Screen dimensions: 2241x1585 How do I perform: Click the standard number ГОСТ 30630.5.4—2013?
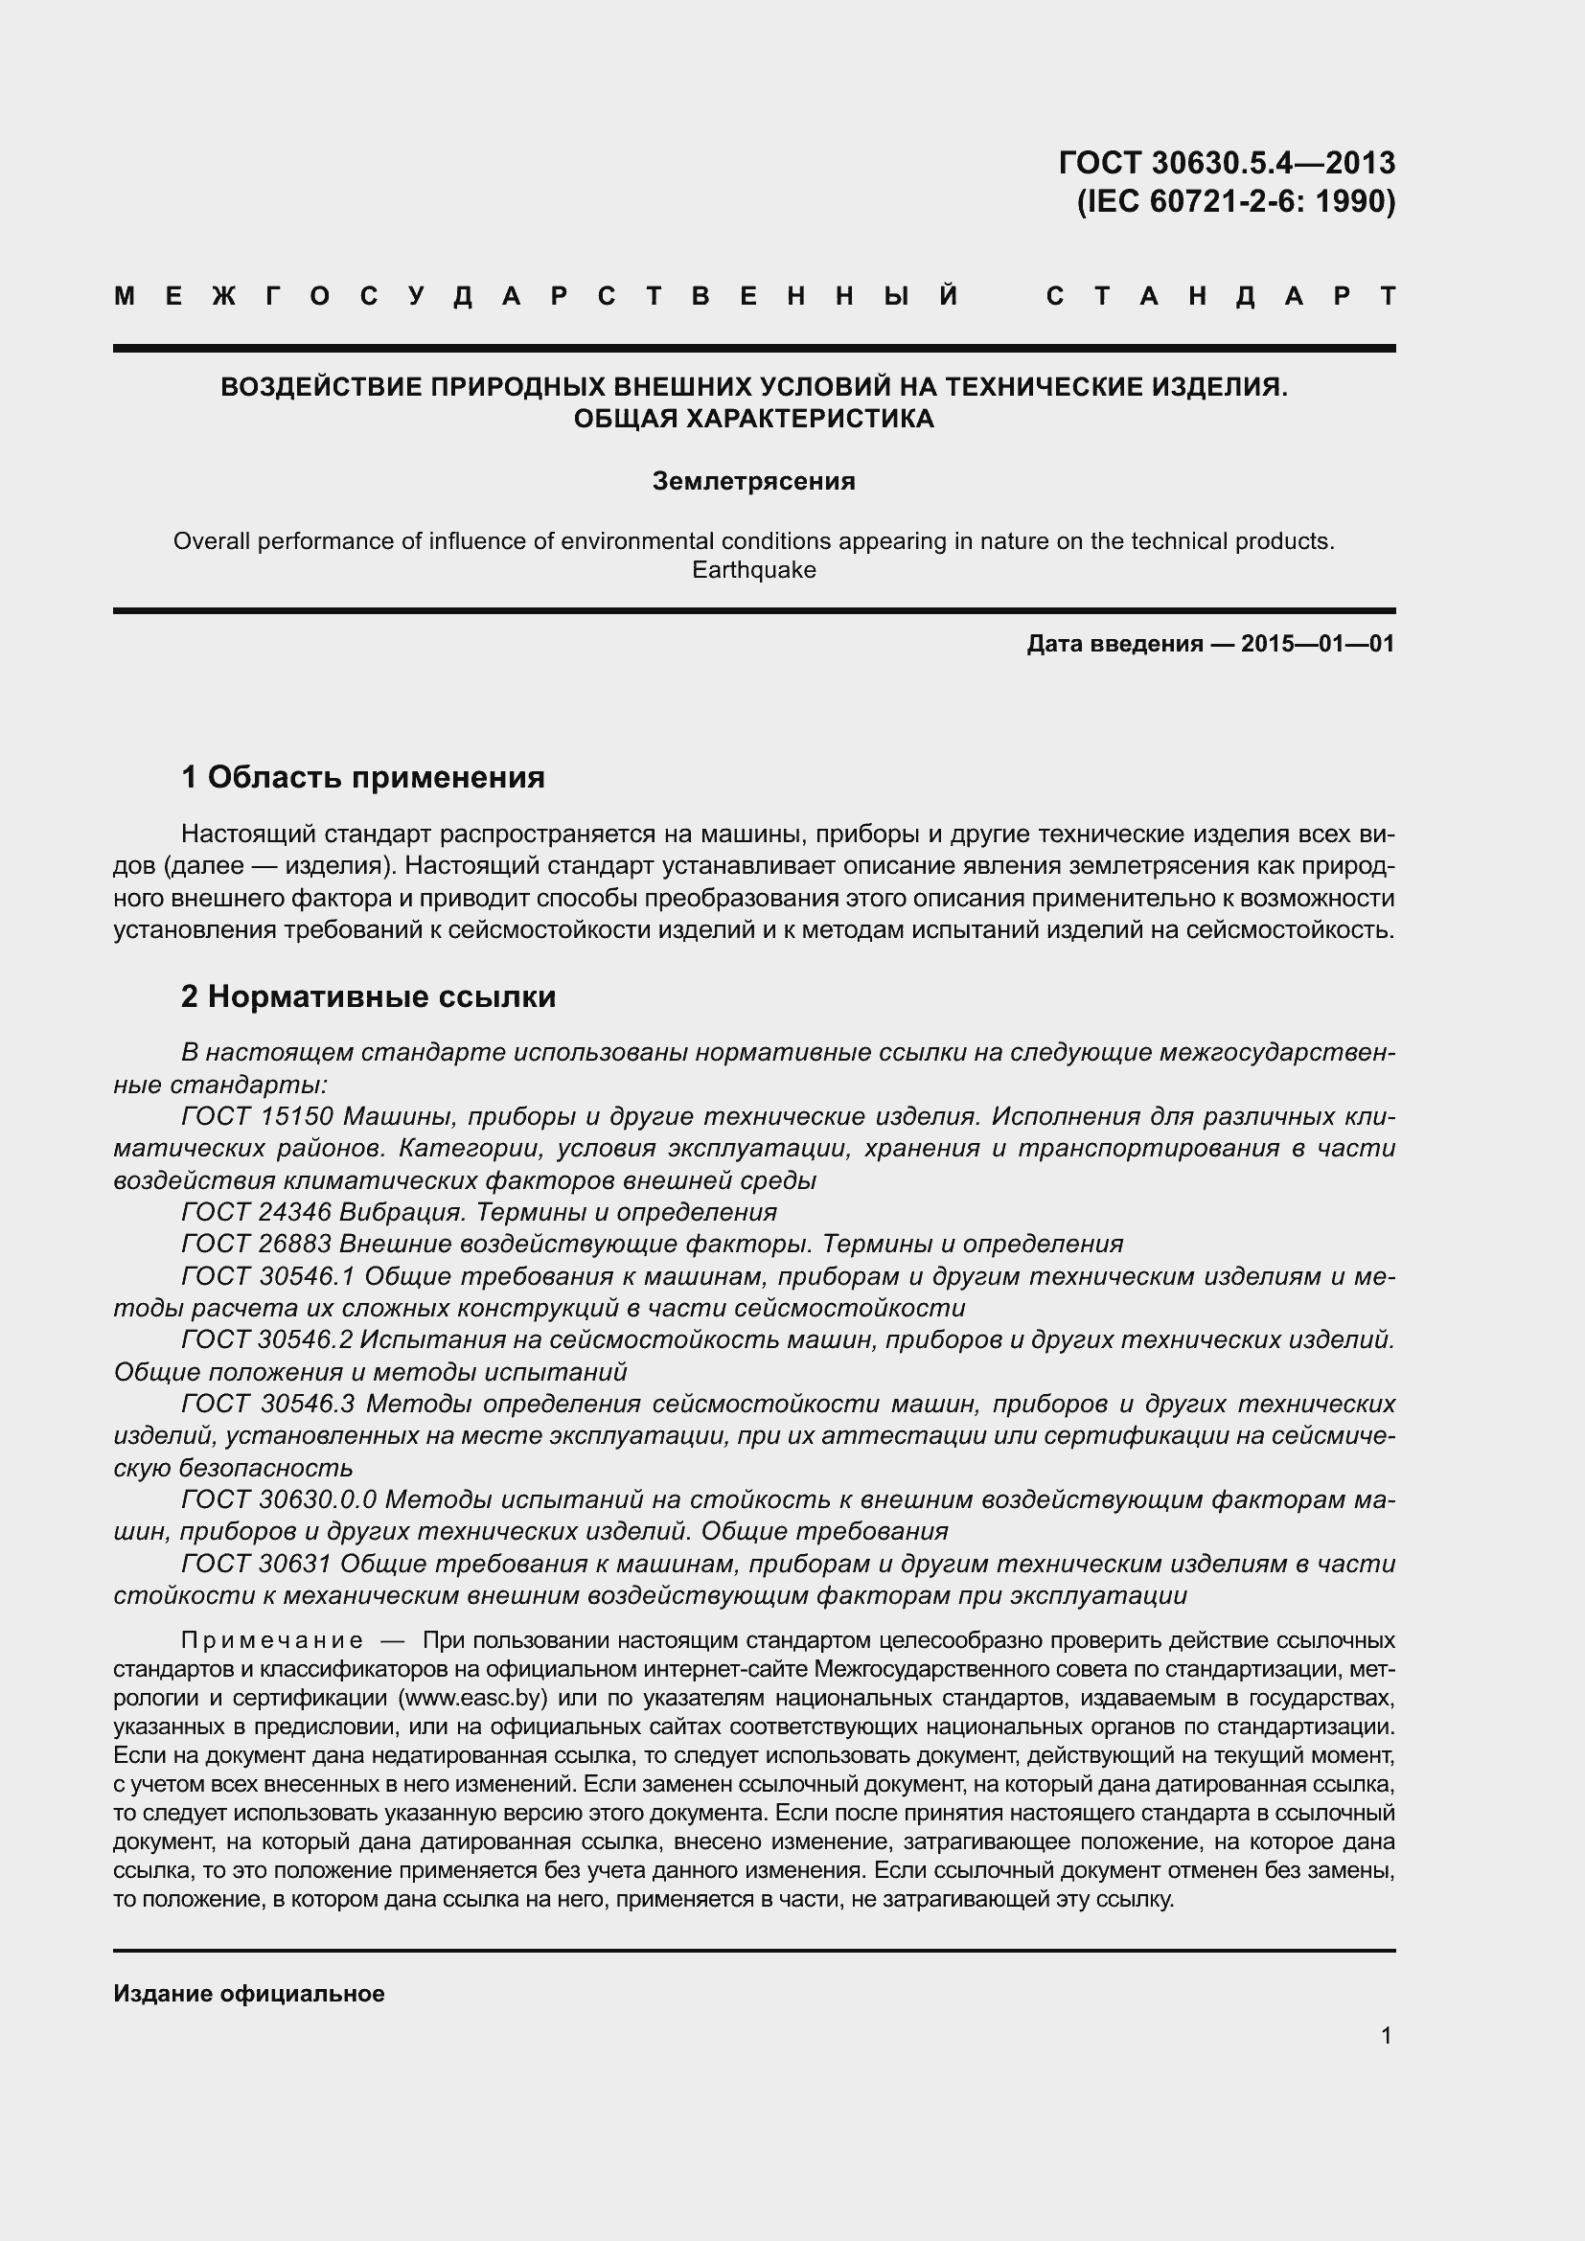1226,162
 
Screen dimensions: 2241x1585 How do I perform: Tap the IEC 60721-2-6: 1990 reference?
1235,201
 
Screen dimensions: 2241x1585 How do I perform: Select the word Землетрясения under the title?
753,481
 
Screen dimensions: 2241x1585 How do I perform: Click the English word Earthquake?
753,570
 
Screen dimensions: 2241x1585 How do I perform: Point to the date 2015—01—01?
1318,644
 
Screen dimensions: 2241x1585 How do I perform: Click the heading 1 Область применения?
363,777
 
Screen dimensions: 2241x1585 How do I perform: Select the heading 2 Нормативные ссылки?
369,996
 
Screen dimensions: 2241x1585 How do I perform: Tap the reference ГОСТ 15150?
258,1115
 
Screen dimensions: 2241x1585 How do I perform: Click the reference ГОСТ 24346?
258,1212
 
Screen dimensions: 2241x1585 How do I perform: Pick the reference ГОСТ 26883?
258,1244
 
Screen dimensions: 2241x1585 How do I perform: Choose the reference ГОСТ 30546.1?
268,1275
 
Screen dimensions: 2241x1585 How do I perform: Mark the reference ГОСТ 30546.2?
268,1340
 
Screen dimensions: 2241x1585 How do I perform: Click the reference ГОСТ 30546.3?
268,1404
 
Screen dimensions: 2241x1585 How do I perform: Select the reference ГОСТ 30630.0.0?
279,1499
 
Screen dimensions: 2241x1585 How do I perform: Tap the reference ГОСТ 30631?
258,1564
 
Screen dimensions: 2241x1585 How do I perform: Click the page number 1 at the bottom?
1387,2036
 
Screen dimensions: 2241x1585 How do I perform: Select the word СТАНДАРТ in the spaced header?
1220,297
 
